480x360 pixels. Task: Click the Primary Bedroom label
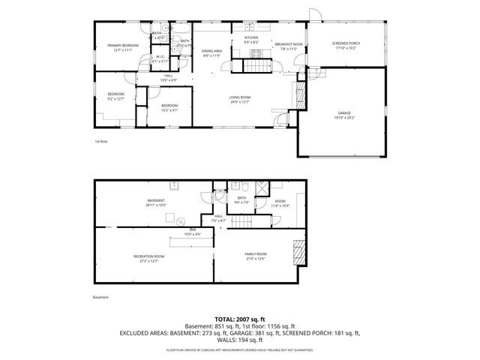[x=119, y=46]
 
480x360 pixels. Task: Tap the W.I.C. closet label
[x=160, y=56]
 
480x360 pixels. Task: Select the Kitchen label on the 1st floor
[x=250, y=37]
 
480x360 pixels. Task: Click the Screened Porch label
[x=346, y=43]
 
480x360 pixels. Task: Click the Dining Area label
[x=212, y=51]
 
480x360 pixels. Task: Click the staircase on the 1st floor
[x=253, y=67]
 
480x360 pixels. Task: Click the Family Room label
[x=255, y=254]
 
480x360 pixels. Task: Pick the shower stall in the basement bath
[x=263, y=188]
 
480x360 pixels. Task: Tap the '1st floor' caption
[x=101, y=141]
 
